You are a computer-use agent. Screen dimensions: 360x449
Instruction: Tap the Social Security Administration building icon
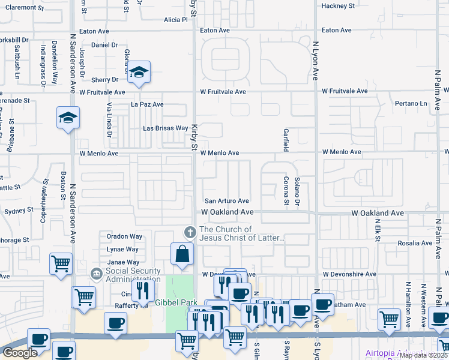[x=96, y=274]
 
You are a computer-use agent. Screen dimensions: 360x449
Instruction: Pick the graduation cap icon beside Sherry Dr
[x=139, y=73]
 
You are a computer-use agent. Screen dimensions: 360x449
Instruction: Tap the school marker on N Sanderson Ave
[x=68, y=118]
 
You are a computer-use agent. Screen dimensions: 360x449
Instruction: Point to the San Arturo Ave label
[x=227, y=201]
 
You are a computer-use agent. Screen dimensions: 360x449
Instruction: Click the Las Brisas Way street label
[x=165, y=128]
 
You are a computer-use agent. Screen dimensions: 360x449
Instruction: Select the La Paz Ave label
[x=147, y=104]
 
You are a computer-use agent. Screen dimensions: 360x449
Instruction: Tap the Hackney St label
[x=338, y=5]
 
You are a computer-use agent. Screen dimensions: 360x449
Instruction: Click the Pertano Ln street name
[x=411, y=104]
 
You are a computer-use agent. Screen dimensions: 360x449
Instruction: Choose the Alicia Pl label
[x=175, y=19]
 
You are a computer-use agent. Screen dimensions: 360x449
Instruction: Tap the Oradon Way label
[x=124, y=236]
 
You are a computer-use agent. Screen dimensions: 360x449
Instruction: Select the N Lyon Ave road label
[x=315, y=60]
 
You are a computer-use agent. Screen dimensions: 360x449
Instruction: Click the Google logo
[x=20, y=353]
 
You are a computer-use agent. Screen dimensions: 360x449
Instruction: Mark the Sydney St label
[x=19, y=211]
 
